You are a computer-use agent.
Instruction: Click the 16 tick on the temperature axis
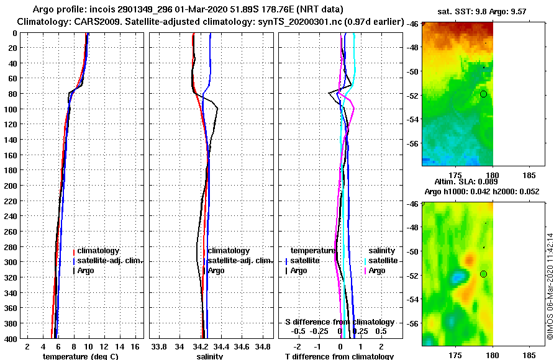134,346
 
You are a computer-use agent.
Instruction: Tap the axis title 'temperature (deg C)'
81,356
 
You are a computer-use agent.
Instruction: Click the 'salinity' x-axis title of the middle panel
209,356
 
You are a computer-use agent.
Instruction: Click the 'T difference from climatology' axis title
339,356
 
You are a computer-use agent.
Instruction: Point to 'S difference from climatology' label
339,322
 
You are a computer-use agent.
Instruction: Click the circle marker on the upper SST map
483,94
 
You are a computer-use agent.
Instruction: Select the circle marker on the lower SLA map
483,274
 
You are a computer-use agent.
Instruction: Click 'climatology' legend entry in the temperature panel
98,251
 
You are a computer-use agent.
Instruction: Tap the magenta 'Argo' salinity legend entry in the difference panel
378,271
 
